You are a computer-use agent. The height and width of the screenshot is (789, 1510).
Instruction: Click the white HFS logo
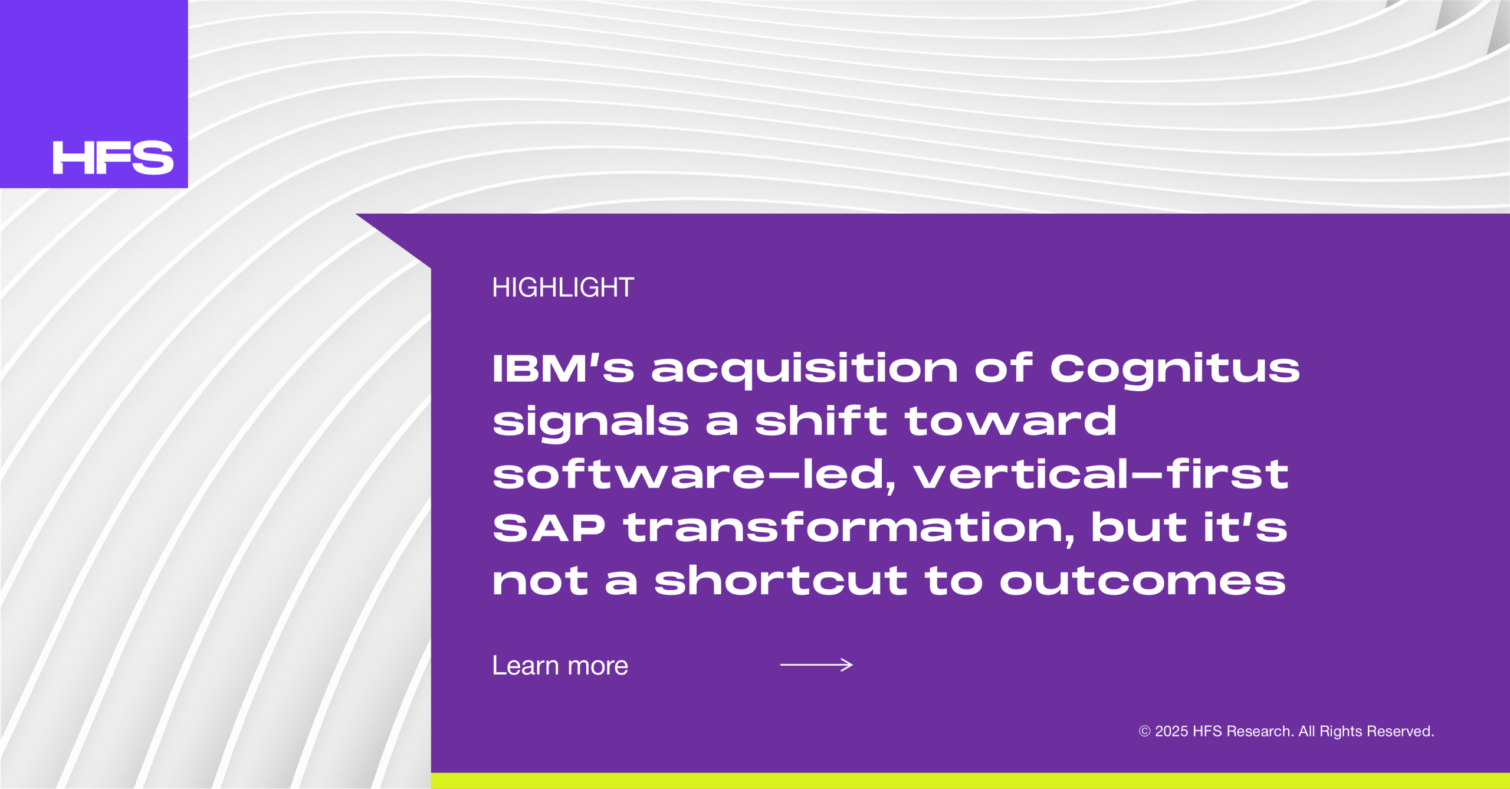click(113, 158)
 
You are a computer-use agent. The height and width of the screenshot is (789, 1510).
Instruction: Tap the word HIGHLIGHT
click(563, 288)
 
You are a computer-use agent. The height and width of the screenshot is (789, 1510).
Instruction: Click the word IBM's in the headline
click(563, 368)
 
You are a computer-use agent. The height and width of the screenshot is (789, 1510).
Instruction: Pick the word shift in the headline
click(821, 421)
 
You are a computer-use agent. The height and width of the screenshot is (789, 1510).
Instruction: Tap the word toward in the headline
click(1010, 421)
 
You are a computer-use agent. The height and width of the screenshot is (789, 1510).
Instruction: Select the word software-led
click(694, 475)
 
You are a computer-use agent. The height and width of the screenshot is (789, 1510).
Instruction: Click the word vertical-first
click(1101, 474)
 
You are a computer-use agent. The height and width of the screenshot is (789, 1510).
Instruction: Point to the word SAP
click(549, 528)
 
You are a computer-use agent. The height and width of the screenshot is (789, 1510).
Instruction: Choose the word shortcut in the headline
click(781, 581)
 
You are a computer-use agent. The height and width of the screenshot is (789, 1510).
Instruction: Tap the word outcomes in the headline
click(1143, 581)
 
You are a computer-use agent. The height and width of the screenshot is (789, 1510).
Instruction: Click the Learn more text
click(560, 666)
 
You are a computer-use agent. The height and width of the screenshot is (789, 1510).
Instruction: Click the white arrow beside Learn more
click(816, 665)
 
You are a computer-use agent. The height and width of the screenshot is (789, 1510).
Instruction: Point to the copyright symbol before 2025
click(1144, 732)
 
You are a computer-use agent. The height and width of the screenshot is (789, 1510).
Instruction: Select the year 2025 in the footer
click(1171, 732)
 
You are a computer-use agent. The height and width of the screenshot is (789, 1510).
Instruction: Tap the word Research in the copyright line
click(1260, 732)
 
